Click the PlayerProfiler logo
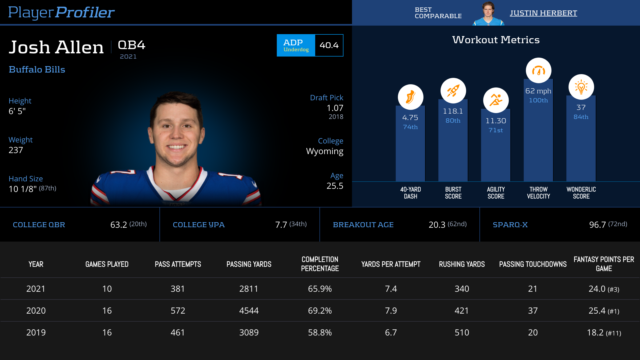[61, 12]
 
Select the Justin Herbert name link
[543, 13]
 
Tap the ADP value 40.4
[329, 45]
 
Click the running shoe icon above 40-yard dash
[410, 97]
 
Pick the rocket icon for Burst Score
[453, 91]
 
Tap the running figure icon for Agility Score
[496, 100]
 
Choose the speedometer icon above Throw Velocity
[538, 71]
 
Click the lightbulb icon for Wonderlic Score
[581, 87]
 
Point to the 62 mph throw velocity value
[538, 91]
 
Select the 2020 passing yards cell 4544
[249, 311]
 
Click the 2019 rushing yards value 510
[462, 333]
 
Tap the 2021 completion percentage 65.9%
[320, 289]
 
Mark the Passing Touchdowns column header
[533, 264]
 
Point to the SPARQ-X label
[510, 225]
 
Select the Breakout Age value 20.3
[437, 225]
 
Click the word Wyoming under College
[325, 151]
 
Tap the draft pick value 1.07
[335, 108]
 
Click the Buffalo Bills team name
[37, 70]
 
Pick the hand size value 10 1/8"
[23, 189]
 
